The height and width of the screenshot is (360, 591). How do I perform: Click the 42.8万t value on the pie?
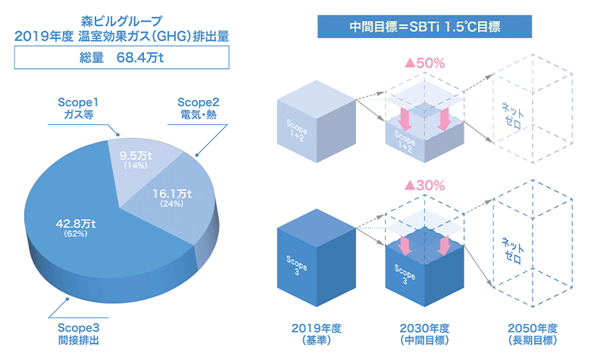coord(73,224)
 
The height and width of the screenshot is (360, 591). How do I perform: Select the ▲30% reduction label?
coord(424,185)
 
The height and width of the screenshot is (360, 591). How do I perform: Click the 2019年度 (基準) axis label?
coord(317,334)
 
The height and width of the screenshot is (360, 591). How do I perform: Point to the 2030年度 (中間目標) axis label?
coord(424,334)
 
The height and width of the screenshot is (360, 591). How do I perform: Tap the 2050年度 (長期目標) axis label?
coord(531,334)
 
